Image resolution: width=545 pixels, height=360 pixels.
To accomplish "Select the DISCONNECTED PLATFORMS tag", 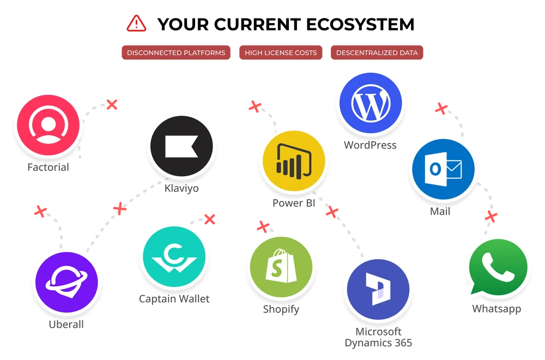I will click(175, 53).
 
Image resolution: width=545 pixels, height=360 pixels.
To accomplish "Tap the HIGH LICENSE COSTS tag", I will click(281, 53).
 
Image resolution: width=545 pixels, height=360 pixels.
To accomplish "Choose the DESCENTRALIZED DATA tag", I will click(377, 53).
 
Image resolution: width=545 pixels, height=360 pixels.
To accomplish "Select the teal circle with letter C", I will click(173, 258).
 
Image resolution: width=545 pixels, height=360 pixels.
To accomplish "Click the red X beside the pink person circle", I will click(112, 104).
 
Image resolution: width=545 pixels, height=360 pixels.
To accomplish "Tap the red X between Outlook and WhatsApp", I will click(491, 216).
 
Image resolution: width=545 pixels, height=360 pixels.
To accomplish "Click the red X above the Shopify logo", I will click(263, 226).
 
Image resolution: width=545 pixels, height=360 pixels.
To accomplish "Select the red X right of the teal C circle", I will click(209, 219).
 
